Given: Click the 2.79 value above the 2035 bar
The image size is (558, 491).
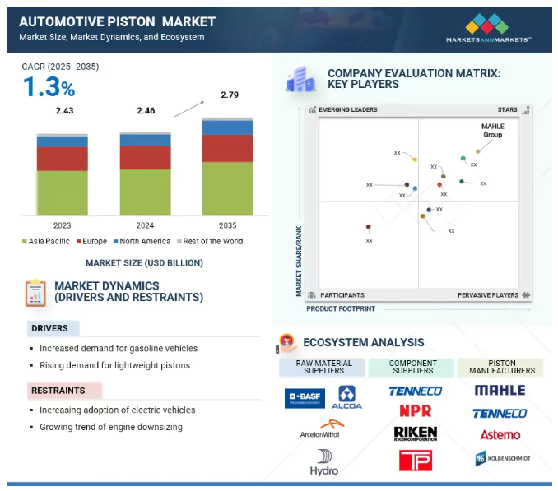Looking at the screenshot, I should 229,95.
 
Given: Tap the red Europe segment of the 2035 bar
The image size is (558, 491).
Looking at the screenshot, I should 228,148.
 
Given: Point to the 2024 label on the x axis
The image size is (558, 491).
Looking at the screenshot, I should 145,225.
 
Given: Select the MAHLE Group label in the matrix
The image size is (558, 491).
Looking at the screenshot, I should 493,130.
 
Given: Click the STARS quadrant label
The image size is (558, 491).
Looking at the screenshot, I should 507,109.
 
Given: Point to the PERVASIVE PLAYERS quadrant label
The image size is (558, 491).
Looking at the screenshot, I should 488,294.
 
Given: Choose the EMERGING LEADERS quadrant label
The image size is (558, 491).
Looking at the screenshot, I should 347,109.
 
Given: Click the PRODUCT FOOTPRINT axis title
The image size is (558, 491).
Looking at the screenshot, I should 341,308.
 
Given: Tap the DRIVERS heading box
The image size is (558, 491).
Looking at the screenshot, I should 50,328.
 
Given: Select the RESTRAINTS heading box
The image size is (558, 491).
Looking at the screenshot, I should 59,390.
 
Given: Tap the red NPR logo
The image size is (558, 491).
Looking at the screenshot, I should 415,410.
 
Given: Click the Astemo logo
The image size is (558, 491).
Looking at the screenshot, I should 500,434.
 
